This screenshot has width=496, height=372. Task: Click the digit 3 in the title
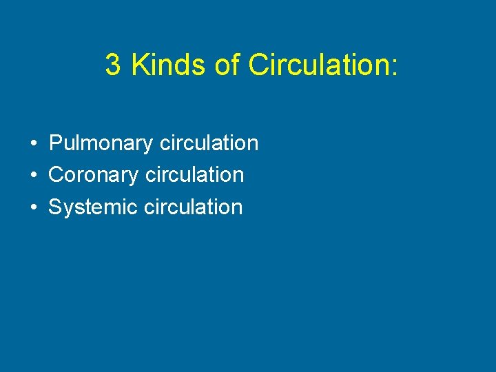[112, 65]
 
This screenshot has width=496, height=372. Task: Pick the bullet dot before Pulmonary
[33, 144]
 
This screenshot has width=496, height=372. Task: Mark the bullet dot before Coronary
[33, 176]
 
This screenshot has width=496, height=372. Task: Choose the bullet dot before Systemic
[33, 207]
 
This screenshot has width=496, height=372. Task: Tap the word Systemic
[93, 207]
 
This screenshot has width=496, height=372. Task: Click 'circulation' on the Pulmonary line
[209, 143]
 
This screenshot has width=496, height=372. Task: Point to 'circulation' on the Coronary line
[194, 175]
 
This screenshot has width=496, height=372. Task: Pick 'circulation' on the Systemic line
[194, 207]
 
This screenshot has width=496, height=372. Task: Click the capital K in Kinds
[138, 65]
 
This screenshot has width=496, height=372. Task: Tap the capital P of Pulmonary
[56, 143]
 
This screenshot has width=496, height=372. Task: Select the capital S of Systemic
[55, 207]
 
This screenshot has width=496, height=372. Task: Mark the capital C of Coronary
[56, 175]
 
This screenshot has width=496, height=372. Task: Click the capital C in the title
[257, 65]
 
